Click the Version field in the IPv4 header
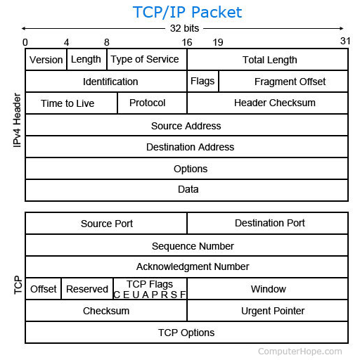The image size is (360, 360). click(46, 60)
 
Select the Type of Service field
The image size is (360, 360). click(147, 60)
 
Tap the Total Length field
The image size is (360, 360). click(267, 60)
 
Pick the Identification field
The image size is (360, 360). click(106, 82)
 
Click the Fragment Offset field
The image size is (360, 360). click(283, 82)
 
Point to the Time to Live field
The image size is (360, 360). click(71, 103)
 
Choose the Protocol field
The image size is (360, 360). click(153, 103)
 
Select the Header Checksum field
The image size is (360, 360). click(267, 103)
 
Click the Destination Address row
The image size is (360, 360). click(186, 147)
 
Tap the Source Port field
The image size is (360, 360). click(106, 224)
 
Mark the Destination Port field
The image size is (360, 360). click(267, 224)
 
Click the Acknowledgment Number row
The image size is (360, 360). click(186, 266)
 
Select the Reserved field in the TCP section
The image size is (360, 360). click(87, 289)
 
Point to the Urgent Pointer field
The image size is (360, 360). click(267, 311)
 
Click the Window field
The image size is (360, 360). click(267, 289)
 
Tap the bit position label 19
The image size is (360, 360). click(218, 42)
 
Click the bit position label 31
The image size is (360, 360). click(345, 41)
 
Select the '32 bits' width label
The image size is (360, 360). click(184, 28)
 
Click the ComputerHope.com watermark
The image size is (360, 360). click(300, 352)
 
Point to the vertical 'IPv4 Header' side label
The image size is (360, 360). click(17, 120)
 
